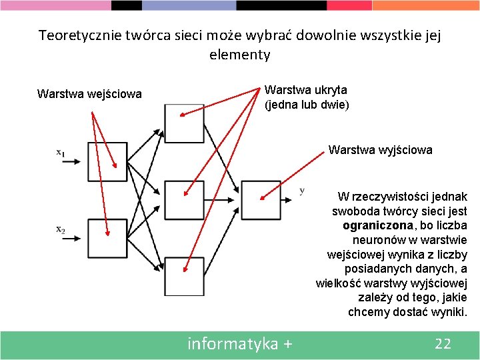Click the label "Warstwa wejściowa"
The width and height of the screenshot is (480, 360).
(x=89, y=94)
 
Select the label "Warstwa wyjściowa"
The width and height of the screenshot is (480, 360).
(x=380, y=150)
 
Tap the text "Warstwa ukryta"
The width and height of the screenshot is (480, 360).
(x=305, y=89)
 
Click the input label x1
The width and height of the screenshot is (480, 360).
(x=60, y=153)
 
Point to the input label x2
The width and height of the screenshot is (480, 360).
(x=60, y=230)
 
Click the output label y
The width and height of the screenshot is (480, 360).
(x=302, y=191)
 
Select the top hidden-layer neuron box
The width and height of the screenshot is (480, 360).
(x=183, y=123)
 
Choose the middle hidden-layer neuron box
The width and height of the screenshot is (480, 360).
(x=183, y=199)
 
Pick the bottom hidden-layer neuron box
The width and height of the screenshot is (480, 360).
(x=183, y=276)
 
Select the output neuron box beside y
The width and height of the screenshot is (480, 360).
(x=261, y=199)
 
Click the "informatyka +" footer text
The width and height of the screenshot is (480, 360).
(x=240, y=344)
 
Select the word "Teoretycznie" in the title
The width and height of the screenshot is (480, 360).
(x=79, y=35)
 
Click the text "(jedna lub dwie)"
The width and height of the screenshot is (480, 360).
(x=307, y=105)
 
